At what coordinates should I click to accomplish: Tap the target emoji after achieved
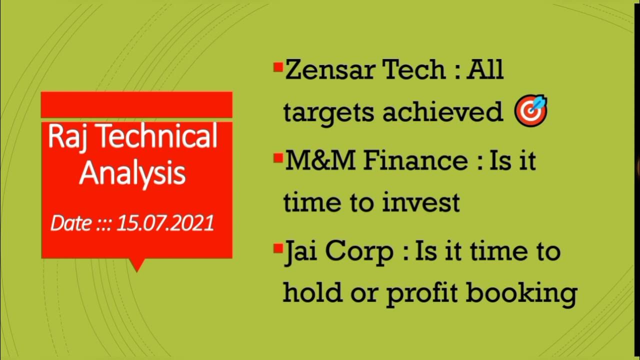click(x=530, y=111)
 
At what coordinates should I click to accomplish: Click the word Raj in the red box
click(x=65, y=137)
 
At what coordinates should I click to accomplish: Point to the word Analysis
click(x=132, y=173)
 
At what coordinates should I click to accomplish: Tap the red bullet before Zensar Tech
click(x=278, y=67)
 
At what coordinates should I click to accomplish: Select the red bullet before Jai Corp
click(x=278, y=248)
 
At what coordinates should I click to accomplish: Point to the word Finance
click(x=414, y=161)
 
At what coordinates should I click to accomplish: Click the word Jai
click(x=300, y=251)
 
